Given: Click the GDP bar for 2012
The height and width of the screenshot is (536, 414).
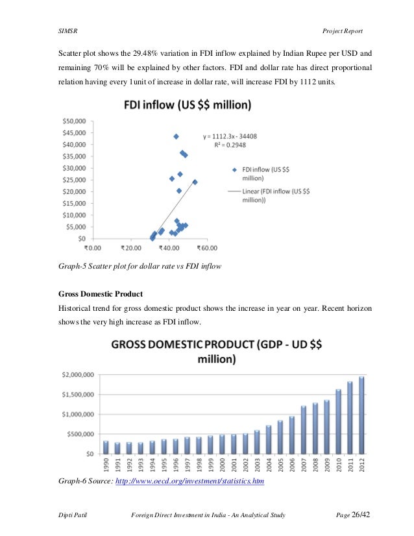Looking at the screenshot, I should click(362, 415).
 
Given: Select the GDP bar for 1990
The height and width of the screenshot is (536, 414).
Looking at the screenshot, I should click(106, 447).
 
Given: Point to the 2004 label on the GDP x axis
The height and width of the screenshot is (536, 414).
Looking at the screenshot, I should click(269, 467).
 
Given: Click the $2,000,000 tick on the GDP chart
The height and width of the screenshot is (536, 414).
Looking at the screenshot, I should click(77, 374).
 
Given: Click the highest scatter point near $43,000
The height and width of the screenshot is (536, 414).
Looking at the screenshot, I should click(176, 136).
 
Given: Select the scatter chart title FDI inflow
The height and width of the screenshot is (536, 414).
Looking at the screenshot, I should click(188, 104).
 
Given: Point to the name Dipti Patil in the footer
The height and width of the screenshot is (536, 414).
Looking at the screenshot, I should click(69, 516).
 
